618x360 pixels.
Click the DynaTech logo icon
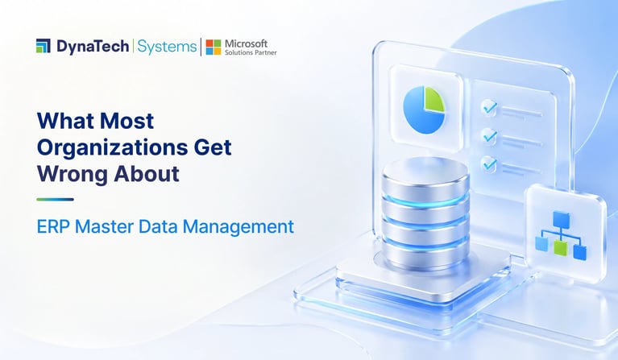43,46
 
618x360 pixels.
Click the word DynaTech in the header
93,47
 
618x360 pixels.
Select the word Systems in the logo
167,47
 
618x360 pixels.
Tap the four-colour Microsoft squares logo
214,47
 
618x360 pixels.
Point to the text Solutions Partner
251,52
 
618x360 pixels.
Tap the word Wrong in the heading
73,175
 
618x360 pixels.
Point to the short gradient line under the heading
55,199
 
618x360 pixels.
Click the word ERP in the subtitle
52,227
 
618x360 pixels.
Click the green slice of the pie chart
434,100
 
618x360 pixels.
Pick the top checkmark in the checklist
490,106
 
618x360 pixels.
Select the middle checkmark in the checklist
490,135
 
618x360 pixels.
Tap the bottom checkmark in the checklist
490,163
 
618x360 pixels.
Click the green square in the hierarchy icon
560,248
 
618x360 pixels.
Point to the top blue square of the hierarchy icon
562,219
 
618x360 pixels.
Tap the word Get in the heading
213,147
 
